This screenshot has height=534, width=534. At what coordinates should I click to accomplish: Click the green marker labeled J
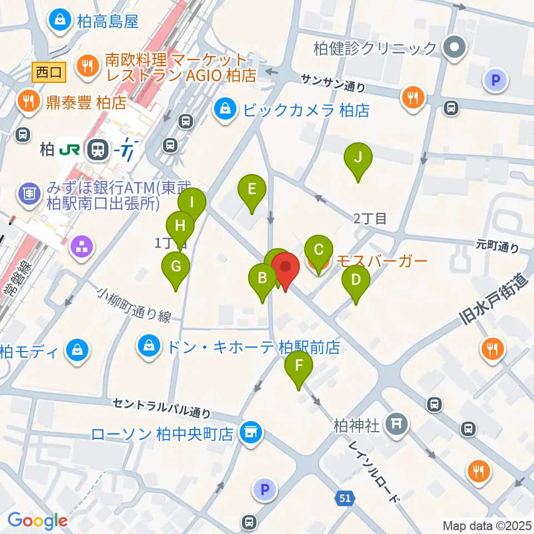pos(358,158)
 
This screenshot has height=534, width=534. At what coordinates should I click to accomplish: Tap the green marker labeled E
pos(251,190)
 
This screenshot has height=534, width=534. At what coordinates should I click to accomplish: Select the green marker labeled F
pos(299,366)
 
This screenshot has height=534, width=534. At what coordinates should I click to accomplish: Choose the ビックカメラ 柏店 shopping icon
pos(226,110)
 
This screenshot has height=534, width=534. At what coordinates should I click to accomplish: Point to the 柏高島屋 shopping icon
pos(58,21)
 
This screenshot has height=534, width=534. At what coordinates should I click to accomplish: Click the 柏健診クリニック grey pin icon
pos(454,48)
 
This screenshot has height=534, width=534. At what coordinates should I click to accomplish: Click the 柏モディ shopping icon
pos(75,351)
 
